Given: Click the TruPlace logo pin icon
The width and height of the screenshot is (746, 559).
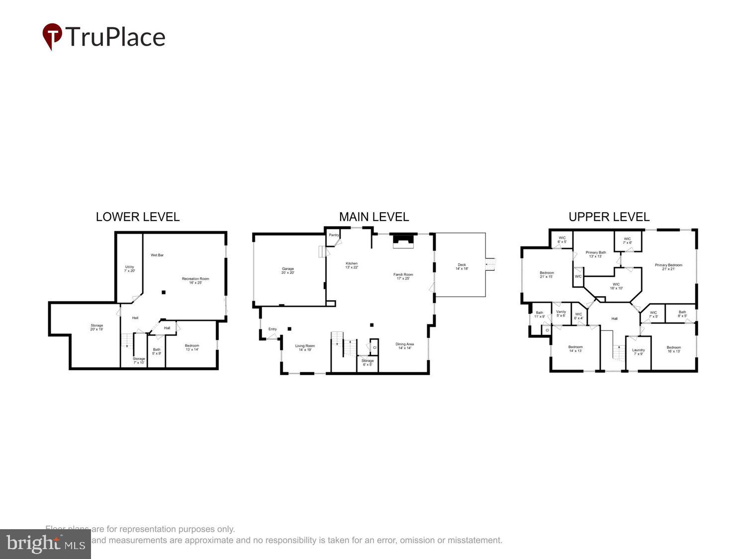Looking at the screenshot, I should click(x=52, y=36).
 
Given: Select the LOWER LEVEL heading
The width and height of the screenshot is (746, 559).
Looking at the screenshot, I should click(x=138, y=217).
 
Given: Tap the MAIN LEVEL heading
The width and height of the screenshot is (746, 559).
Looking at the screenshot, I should click(x=374, y=217).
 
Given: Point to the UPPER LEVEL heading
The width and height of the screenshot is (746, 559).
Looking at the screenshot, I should click(x=609, y=217).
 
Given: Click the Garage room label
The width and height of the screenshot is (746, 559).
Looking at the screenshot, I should click(x=288, y=271).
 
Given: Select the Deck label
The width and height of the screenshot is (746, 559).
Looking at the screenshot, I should click(x=462, y=267).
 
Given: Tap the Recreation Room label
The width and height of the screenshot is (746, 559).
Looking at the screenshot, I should click(x=195, y=281).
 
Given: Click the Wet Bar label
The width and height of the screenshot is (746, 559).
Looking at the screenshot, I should click(x=157, y=255).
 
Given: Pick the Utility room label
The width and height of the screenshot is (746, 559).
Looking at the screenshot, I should click(x=129, y=269).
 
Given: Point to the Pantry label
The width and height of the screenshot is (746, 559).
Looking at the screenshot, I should click(x=334, y=235).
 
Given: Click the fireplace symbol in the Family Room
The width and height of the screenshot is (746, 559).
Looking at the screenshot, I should click(x=403, y=241).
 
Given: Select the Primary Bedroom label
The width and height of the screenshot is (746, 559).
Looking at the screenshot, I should click(x=668, y=267).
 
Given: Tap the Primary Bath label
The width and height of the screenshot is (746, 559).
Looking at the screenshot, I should click(x=596, y=254).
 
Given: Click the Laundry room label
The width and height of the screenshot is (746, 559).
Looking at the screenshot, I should click(x=638, y=352).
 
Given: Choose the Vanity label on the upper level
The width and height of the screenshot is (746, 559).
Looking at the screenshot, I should click(x=561, y=314).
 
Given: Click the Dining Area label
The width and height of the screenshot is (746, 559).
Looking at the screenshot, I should click(x=404, y=346).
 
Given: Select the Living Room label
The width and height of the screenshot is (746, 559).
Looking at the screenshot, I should click(x=305, y=348).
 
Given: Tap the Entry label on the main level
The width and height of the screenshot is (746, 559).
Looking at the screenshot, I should click(x=273, y=329).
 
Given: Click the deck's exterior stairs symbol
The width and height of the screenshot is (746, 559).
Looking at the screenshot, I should click(x=491, y=262).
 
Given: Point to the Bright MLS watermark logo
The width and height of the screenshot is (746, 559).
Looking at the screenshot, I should click(x=45, y=544).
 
